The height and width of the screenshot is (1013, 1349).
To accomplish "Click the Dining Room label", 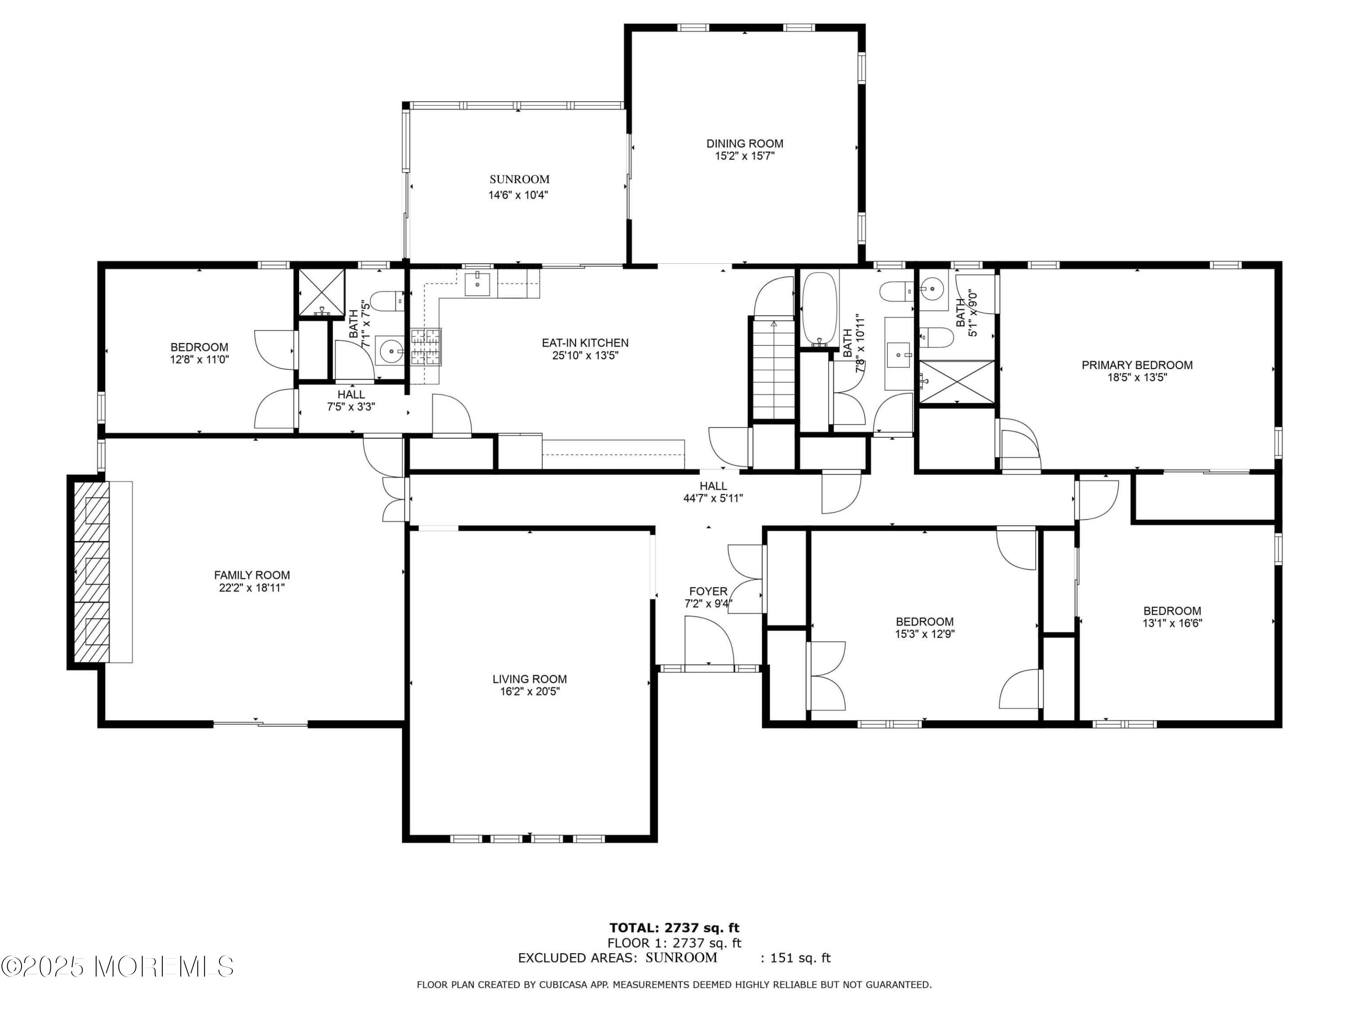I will click(744, 144).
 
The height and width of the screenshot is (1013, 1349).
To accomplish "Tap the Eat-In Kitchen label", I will click(585, 343).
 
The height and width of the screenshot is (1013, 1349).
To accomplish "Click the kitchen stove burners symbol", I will click(426, 347).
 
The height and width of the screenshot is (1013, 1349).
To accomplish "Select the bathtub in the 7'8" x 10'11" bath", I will click(819, 309).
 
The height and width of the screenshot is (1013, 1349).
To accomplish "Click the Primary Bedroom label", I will click(1137, 365).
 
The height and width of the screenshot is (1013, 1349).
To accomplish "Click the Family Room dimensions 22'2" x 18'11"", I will click(252, 588).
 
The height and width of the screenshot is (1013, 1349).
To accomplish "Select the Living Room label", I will click(529, 679).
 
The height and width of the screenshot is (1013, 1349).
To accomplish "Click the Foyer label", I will click(708, 591).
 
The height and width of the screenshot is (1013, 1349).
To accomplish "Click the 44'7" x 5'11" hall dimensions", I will click(713, 498).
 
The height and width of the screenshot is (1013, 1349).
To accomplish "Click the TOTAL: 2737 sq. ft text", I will click(674, 928).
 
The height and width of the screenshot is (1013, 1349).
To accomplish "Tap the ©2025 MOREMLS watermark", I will click(117, 966).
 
